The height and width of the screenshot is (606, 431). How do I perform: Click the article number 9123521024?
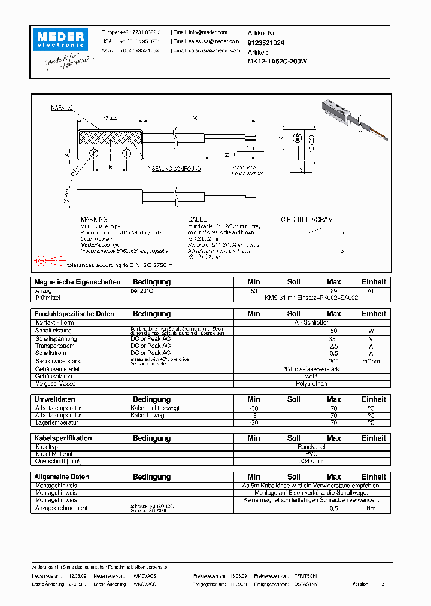266,43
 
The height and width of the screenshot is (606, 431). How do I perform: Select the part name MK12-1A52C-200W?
277,60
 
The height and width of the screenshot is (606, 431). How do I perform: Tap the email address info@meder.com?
208,32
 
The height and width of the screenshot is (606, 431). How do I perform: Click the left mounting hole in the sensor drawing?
94,154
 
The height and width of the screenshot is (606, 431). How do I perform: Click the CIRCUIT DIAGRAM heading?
306,220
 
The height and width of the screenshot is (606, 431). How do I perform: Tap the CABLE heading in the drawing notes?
197,220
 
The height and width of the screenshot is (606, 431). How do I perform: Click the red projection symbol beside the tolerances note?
41,261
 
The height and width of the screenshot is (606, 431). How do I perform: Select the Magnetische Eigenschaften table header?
77,282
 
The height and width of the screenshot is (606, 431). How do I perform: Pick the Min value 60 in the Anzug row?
253,290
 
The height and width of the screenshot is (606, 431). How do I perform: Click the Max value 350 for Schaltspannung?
333,338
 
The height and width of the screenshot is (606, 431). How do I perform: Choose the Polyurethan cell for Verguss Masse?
311,383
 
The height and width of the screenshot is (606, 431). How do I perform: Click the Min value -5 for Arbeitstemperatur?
253,415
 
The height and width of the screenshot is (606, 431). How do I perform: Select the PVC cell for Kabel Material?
311,454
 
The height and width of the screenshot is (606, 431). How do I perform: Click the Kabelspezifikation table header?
63,438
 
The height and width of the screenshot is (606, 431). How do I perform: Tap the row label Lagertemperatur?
58,422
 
